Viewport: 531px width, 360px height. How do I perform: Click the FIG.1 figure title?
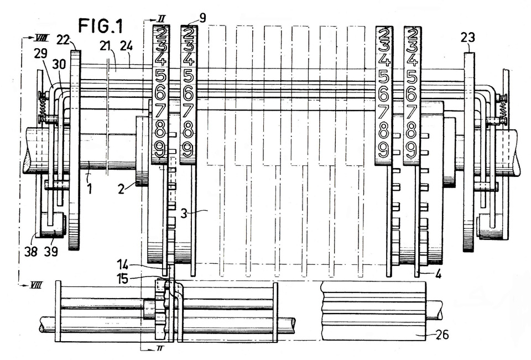tap(101, 25)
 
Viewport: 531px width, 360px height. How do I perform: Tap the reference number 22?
tap(63, 39)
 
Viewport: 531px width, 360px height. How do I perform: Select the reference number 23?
tap(468, 38)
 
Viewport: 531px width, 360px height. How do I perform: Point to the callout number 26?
tap(441, 335)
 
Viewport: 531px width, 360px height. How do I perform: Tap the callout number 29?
tap(40, 54)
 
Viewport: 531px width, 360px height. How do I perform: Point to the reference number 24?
tap(126, 46)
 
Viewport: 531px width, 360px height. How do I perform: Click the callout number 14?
tap(124, 264)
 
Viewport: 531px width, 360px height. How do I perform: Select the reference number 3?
tap(184, 214)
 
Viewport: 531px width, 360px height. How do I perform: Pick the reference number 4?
tap(439, 274)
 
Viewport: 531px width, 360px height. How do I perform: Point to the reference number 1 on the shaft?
tap(90, 188)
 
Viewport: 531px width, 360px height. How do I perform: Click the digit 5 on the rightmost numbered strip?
tap(412, 78)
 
